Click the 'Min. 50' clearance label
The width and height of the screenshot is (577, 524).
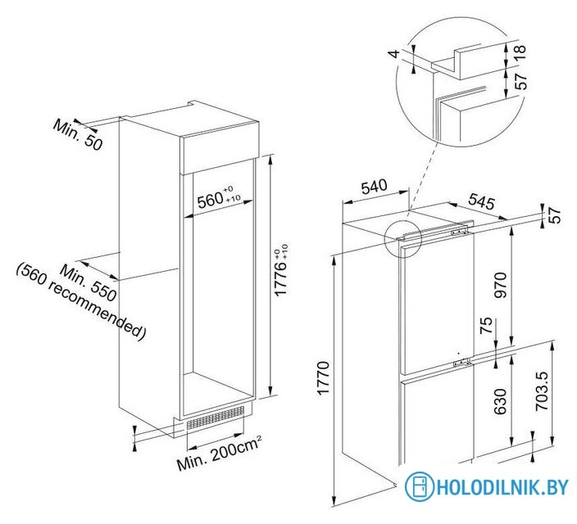click(77, 135)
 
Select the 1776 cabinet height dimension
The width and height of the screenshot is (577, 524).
click(281, 270)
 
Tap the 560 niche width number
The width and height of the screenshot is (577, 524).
click(211, 201)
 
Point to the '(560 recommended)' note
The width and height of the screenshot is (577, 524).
click(81, 301)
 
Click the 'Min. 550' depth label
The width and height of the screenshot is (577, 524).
click(89, 282)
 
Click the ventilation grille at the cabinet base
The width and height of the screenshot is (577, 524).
click(216, 418)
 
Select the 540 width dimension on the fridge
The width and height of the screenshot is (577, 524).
click(375, 187)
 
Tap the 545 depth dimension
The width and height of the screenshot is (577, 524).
click(481, 202)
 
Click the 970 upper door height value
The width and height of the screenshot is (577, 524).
click(501, 285)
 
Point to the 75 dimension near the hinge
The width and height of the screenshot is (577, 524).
click(486, 325)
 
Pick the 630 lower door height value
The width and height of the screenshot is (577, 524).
click(501, 401)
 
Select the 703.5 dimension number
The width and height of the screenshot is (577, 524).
click(543, 391)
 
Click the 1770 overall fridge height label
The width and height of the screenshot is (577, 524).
click(323, 378)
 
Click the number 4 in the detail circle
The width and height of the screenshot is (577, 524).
click(394, 54)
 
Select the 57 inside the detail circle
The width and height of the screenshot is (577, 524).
click(520, 81)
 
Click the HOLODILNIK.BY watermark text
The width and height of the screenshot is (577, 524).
click(502, 487)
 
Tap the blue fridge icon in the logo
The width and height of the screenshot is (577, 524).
click(420, 486)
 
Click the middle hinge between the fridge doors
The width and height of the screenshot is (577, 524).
click(462, 362)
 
